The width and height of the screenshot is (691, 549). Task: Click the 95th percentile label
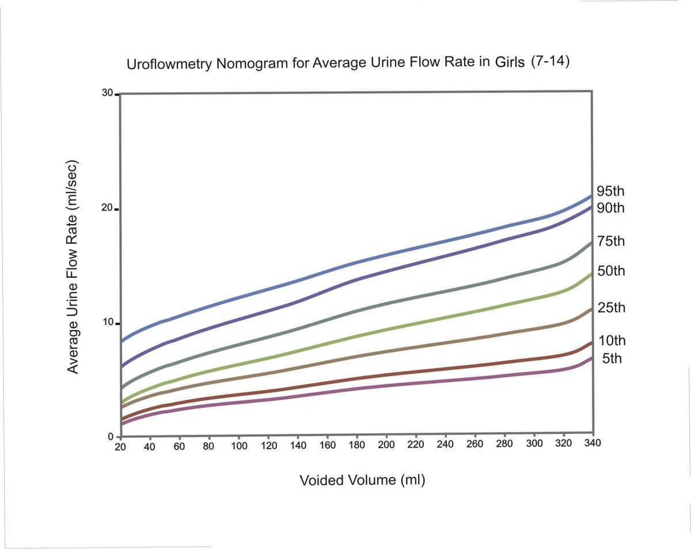point(610,191)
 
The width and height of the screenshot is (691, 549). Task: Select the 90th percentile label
point(610,207)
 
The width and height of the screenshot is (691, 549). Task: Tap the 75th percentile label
point(610,241)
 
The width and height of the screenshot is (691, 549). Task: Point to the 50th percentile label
point(610,271)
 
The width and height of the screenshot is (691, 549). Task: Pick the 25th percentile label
point(610,308)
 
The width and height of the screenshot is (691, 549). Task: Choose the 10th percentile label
point(610,340)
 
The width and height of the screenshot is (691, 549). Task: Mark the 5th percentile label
point(612,359)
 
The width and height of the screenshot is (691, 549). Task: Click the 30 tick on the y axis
point(107,93)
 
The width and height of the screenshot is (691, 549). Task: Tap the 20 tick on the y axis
point(107,209)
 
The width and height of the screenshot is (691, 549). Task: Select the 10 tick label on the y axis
point(107,321)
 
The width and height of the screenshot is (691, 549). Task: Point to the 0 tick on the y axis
point(110,436)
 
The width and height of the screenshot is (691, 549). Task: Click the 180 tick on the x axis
point(356,445)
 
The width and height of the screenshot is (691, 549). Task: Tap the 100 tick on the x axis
point(238,445)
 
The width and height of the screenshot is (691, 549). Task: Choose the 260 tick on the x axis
point(475,444)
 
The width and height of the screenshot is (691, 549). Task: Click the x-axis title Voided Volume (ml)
point(362,480)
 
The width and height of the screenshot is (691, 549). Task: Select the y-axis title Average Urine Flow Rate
point(73,266)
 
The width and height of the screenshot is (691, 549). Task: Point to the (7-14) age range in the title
point(550,61)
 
